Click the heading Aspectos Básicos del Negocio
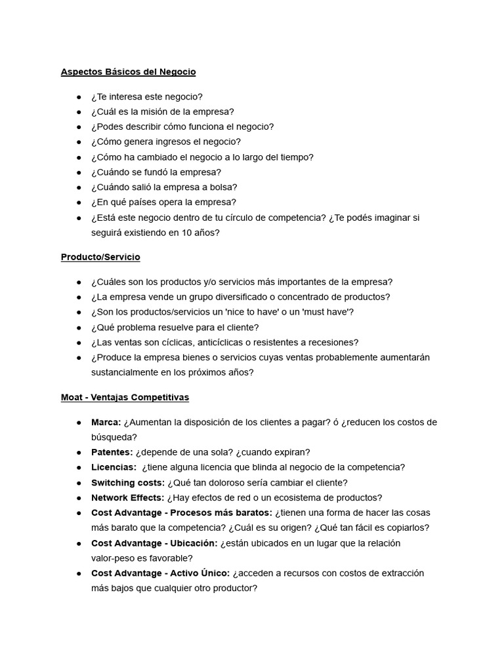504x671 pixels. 128,71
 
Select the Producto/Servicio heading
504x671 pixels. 100,257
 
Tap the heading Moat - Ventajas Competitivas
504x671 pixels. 125,397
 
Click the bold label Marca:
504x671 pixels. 106,422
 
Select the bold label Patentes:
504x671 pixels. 112,452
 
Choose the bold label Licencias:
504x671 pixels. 114,467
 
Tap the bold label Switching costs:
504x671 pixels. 128,483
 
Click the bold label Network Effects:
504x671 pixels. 128,498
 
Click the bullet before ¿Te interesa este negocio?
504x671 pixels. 79,97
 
